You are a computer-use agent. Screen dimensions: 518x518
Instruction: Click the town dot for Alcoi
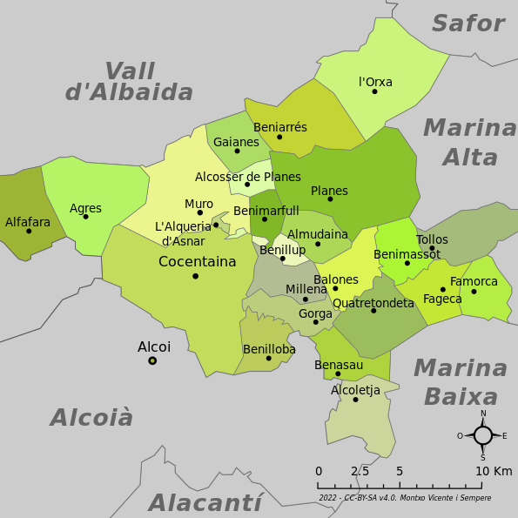[152, 360]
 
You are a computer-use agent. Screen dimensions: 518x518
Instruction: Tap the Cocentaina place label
[197, 261]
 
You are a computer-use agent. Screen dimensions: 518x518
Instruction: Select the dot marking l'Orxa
[374, 91]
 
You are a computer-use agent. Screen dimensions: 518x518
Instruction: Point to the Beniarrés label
[279, 127]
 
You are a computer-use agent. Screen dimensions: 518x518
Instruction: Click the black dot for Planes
[330, 199]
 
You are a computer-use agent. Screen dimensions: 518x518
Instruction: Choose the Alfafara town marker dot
[29, 231]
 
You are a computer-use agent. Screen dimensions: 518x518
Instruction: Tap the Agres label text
[85, 208]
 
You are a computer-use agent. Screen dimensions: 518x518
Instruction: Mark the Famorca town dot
[474, 291]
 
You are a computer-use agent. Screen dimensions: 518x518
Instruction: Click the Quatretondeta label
[373, 303]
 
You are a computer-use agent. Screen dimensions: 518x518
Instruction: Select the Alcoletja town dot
[355, 400]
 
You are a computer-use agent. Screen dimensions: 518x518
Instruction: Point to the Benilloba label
[269, 349]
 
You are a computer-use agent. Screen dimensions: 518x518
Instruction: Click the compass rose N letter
[483, 414]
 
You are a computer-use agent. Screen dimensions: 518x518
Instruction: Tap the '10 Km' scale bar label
[494, 471]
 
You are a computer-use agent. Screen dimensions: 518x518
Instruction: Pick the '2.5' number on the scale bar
[359, 471]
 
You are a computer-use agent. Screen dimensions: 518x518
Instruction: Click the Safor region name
[468, 24]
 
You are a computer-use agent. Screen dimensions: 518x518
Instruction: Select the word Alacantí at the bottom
[205, 502]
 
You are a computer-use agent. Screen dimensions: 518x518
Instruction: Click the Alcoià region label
[91, 418]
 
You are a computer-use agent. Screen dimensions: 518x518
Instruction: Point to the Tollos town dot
[432, 248]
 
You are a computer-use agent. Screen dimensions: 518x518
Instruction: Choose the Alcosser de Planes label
[247, 177]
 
